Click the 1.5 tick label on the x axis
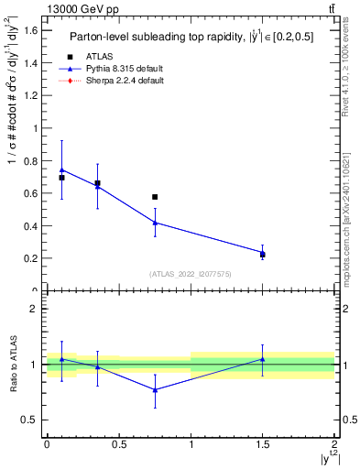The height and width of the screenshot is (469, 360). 263,444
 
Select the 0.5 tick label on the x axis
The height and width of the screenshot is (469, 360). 118,444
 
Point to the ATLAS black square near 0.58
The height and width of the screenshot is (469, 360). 155,197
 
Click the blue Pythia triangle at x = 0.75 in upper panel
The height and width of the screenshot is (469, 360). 155,223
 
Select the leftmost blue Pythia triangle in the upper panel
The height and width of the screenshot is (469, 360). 61,169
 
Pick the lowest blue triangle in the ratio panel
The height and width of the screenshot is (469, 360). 155,390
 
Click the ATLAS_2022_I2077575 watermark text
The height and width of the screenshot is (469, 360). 191,274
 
